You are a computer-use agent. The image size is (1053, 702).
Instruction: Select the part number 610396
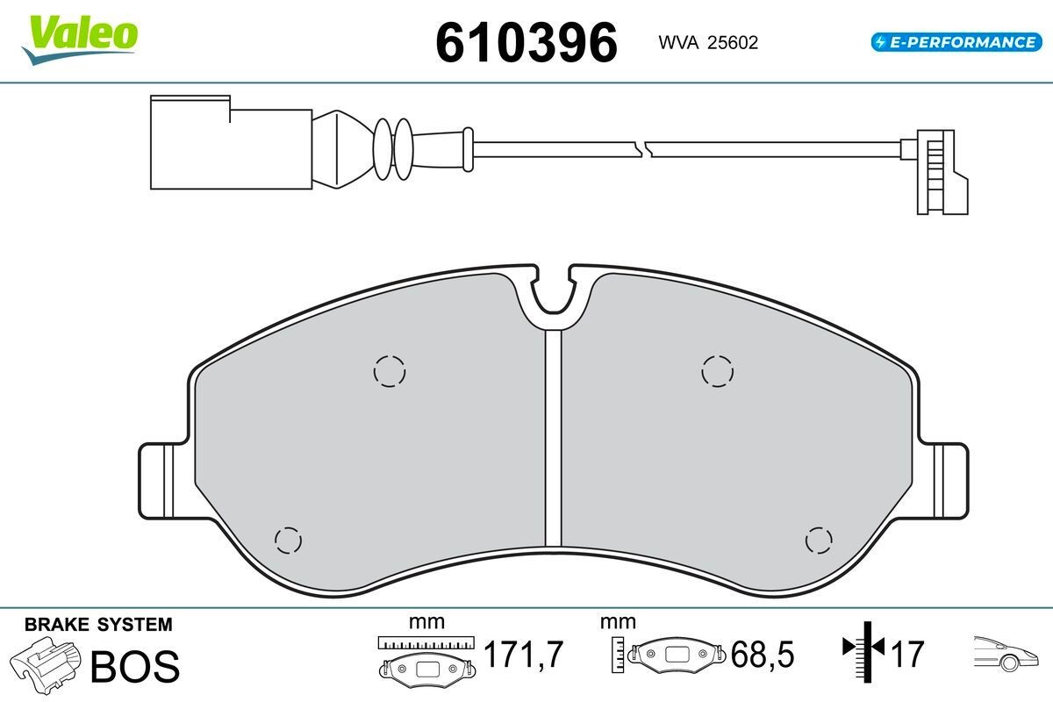526,42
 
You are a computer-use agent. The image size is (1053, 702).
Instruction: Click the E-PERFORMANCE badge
955,41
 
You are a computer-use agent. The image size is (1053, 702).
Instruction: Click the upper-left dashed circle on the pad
390,371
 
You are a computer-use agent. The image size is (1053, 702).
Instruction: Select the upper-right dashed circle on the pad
717,371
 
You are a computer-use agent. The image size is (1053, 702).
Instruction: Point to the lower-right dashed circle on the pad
819,540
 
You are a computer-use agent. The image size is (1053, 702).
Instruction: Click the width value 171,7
523,655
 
